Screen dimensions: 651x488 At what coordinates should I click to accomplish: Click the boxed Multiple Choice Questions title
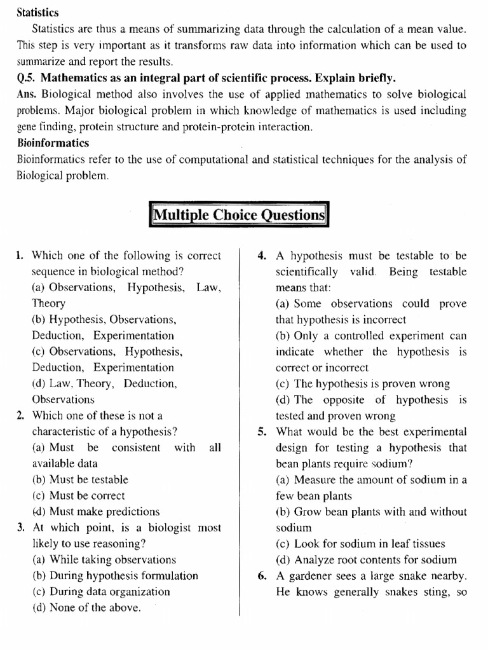(238, 215)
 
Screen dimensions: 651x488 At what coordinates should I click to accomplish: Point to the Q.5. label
(28, 78)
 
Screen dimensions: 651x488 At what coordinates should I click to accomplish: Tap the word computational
(210, 159)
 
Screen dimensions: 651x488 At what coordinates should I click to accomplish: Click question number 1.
(20, 256)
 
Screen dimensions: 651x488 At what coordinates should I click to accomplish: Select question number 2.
(20, 416)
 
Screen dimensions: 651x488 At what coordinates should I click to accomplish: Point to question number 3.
(20, 528)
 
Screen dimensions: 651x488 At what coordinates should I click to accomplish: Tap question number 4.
(261, 256)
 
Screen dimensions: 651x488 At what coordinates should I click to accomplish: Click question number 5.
(261, 432)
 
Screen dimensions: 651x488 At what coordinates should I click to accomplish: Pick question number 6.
(261, 576)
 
